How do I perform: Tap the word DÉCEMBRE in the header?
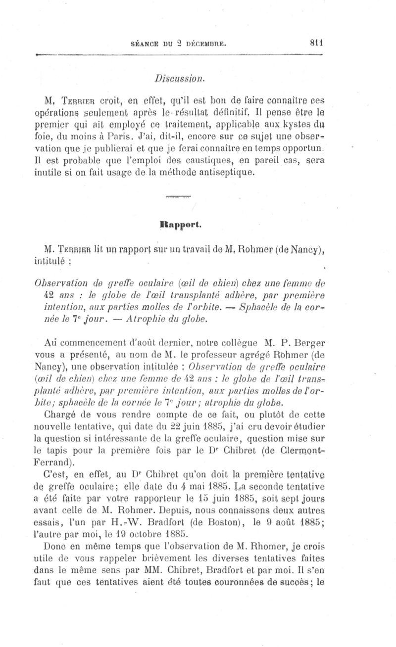coord(206,44)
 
